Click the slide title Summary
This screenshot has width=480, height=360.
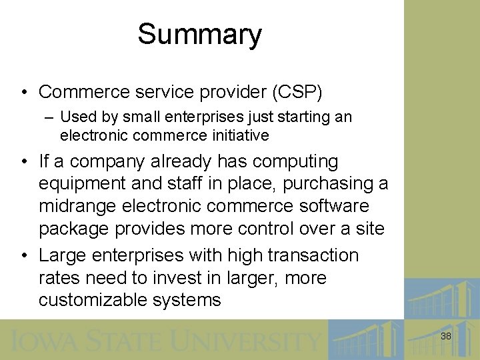(x=199, y=35)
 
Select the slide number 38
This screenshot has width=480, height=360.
(x=445, y=337)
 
